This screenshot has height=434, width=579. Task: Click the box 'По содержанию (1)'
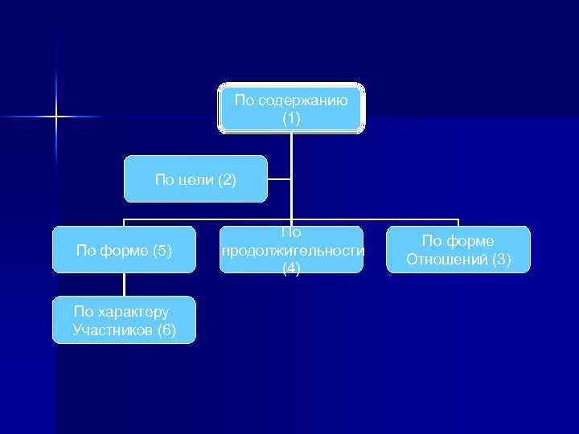[x=291, y=108]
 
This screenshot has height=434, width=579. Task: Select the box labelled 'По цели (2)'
[x=195, y=178]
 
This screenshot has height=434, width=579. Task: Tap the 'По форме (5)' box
[x=124, y=250]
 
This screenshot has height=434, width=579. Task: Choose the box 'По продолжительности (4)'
[x=291, y=250]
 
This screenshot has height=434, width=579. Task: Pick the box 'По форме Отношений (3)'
[x=458, y=250]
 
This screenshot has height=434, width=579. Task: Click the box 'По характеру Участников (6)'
[x=124, y=320]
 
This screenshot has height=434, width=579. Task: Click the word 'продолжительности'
[x=292, y=251]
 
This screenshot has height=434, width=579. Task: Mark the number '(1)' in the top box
[x=291, y=118]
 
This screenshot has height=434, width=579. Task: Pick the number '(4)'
[x=291, y=269]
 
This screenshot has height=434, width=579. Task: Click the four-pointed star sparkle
[x=56, y=117]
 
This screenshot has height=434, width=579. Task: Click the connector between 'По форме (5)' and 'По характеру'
[x=124, y=285]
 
